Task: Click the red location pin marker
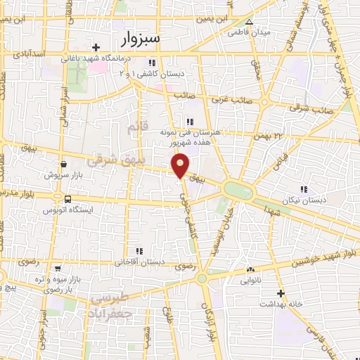[181, 165]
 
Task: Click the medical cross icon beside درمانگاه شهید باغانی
[95, 47]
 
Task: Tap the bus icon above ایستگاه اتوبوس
[67, 199]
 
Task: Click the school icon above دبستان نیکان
[304, 189]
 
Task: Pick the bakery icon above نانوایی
[250, 269]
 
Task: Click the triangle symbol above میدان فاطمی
[248, 21]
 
